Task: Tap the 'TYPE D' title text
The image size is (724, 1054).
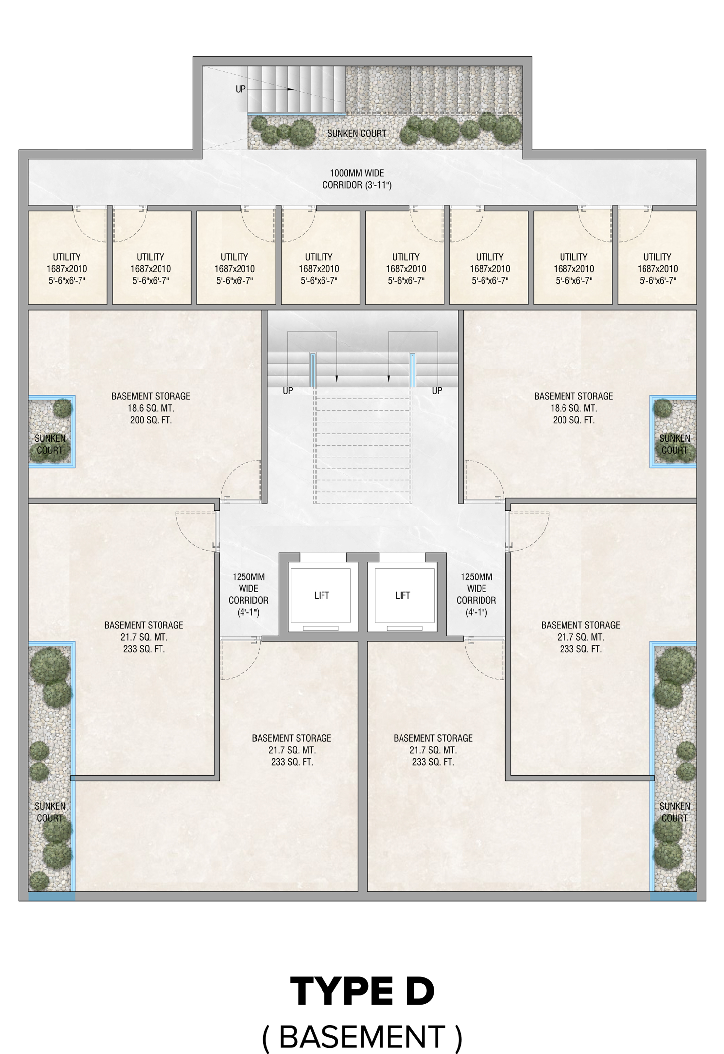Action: (x=362, y=991)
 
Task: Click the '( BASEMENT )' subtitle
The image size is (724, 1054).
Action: (x=362, y=1037)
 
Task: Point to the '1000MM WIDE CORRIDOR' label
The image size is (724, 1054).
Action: (x=357, y=179)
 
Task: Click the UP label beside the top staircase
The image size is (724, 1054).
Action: (x=241, y=89)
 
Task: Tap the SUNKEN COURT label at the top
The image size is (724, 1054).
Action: (x=357, y=133)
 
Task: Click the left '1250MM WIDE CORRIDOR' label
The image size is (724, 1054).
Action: (x=248, y=594)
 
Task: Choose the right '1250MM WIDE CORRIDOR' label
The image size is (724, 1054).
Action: (x=476, y=594)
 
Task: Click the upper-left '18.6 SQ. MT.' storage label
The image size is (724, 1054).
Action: (x=151, y=408)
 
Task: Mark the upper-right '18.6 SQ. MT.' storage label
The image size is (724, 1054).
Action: (x=573, y=408)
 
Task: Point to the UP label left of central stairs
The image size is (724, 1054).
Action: (x=288, y=391)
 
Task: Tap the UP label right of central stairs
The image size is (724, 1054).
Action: (x=437, y=391)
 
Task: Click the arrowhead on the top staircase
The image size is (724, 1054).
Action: (x=291, y=89)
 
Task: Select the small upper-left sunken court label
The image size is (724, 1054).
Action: (x=50, y=444)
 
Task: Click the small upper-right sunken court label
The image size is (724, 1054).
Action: (x=674, y=444)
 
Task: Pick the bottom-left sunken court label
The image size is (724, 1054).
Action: (x=50, y=812)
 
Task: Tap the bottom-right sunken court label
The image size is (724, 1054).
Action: (x=674, y=812)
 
